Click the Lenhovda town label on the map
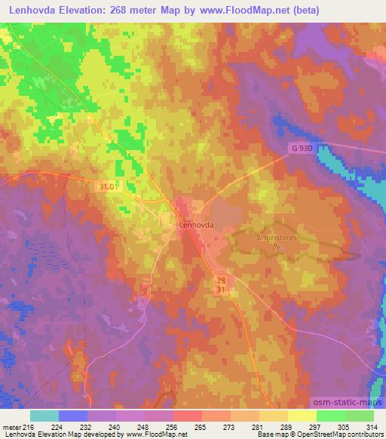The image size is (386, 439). pos(197,225)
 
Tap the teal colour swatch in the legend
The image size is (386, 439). pos(44,416)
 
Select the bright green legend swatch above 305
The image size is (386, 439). pos(330,416)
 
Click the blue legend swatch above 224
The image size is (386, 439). pos(73,416)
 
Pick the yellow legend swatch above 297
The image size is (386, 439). pos(302,416)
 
